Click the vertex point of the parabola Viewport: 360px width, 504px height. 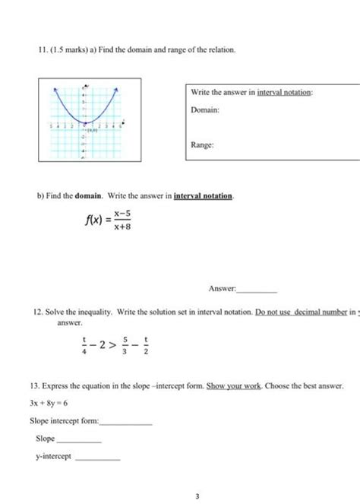(x=85, y=122)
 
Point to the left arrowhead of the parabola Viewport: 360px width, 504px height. (x=53, y=90)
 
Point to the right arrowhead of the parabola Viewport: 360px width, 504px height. (x=116, y=90)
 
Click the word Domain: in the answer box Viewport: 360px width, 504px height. (x=205, y=110)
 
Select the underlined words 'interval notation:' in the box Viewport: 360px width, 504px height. (x=285, y=92)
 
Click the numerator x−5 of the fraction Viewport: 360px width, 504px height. (x=123, y=214)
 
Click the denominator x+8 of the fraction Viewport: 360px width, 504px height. (x=123, y=227)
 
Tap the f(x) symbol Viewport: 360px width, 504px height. (x=94, y=220)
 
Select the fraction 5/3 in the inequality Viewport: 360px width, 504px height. (x=125, y=346)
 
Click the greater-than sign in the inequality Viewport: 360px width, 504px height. (x=111, y=346)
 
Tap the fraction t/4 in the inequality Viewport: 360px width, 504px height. (x=85, y=346)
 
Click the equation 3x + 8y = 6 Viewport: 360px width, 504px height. (x=49, y=404)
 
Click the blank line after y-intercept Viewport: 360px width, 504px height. (x=98, y=458)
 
